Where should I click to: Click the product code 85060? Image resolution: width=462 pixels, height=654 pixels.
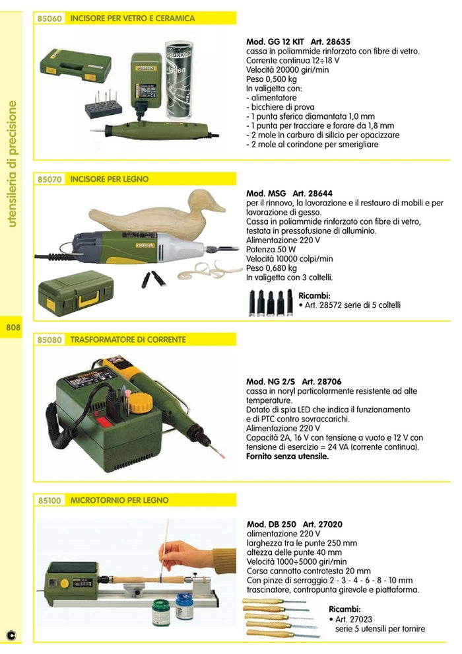(50, 18)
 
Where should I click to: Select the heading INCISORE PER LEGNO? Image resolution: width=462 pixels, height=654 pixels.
(110, 179)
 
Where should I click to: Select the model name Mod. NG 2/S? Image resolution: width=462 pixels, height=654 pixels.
(271, 382)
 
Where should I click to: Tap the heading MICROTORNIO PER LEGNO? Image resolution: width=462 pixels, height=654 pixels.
(119, 501)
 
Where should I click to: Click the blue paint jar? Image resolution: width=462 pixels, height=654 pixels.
(184, 606)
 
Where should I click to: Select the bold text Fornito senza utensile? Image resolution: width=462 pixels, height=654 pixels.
(287, 456)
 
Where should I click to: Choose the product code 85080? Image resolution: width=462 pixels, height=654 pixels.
(50, 340)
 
